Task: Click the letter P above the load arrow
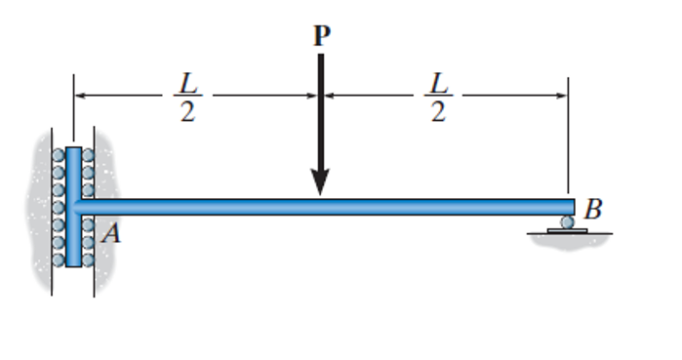(321, 36)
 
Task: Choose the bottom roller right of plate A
(88, 260)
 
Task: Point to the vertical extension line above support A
(74, 107)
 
